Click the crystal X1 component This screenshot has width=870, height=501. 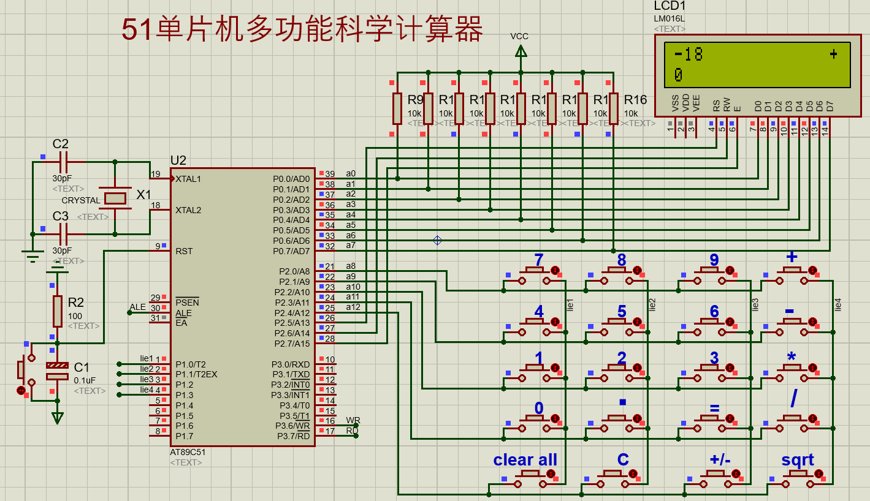[115, 197]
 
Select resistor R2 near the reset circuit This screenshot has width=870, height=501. [57, 311]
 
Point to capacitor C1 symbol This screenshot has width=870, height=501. [57, 371]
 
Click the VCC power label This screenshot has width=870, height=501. [519, 37]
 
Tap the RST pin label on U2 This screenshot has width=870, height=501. [184, 251]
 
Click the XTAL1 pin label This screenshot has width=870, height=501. [188, 179]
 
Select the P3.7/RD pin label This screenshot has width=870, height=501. [293, 436]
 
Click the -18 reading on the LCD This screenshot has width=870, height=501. [688, 55]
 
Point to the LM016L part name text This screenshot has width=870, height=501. [670, 18]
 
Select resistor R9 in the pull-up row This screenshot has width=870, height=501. [397, 108]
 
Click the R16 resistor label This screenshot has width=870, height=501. [636, 100]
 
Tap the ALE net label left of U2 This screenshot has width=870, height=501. [138, 307]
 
